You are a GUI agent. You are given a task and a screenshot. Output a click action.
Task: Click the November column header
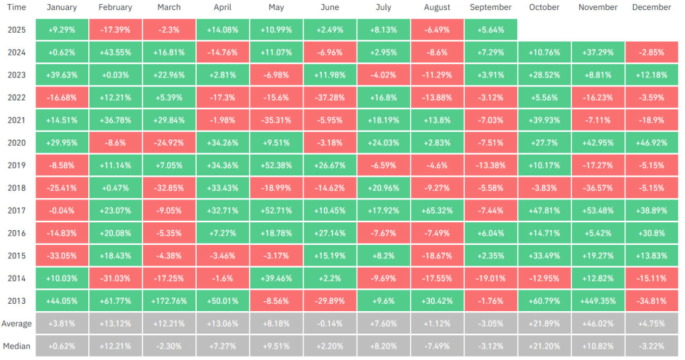598,7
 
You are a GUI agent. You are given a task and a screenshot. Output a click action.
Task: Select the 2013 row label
17,301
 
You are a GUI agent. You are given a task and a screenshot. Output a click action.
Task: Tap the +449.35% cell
598,301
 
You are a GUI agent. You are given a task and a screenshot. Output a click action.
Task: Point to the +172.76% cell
169,301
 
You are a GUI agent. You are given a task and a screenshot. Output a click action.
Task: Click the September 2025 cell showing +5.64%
490,30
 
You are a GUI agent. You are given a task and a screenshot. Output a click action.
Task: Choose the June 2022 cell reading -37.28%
330,98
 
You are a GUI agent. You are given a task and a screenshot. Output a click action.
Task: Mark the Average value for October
545,324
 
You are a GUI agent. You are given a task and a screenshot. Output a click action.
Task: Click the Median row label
17,347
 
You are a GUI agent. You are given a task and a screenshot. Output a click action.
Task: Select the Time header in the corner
17,7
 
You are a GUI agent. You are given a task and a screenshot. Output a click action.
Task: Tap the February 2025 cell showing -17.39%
115,30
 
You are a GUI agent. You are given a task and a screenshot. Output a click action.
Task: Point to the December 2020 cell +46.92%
652,143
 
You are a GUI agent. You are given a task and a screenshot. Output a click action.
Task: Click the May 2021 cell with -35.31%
276,120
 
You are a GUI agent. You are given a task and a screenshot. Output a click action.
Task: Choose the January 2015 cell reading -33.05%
62,256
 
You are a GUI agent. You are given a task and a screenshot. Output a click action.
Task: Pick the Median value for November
598,347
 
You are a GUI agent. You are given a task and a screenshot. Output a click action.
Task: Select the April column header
222,7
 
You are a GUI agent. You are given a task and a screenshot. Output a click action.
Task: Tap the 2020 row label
17,143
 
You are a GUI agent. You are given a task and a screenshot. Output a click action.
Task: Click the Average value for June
330,324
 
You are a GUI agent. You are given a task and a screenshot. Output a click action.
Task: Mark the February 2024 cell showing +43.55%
115,53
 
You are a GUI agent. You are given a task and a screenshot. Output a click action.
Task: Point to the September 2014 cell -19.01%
490,278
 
